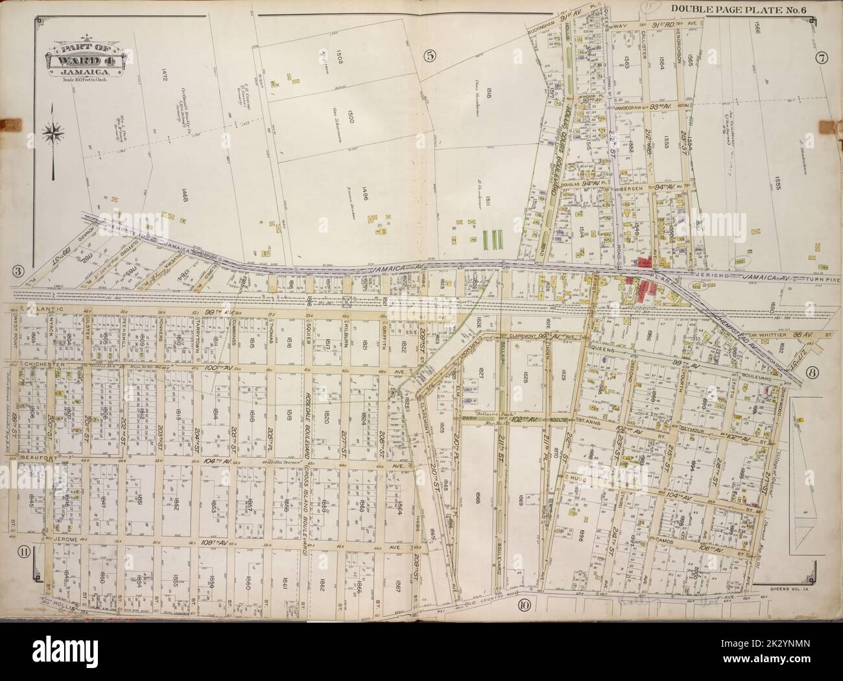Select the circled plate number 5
429,56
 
